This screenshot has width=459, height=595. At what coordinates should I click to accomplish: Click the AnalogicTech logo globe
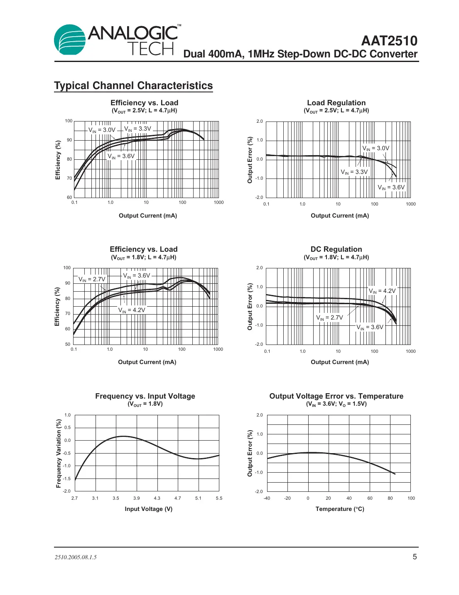[70, 40]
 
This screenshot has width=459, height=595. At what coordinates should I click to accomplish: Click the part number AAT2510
[389, 41]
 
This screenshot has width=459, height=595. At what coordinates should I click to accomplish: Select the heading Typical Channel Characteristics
[133, 86]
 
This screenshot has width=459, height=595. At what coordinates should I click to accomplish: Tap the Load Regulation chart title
[336, 103]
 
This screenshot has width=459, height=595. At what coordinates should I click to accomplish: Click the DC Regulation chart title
[336, 249]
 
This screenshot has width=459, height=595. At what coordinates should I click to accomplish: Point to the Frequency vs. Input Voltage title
[145, 396]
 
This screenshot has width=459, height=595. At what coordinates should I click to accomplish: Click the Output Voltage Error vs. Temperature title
[336, 396]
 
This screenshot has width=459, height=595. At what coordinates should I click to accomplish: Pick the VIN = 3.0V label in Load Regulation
[376, 148]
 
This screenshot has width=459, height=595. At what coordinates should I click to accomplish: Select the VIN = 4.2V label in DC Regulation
[382, 291]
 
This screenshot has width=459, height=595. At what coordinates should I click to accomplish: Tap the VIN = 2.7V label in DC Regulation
[329, 317]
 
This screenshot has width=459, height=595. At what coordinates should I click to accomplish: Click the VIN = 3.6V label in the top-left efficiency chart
[121, 156]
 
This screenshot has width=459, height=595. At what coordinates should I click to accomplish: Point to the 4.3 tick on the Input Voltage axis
[157, 498]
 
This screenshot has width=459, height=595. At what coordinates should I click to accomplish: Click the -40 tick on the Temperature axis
[267, 498]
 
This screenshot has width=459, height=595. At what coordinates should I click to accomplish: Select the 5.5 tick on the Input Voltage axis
[219, 498]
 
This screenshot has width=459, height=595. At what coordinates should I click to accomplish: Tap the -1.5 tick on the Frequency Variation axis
[67, 478]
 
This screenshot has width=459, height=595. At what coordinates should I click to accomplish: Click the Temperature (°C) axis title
[340, 509]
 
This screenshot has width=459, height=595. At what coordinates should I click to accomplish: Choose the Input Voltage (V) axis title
[148, 509]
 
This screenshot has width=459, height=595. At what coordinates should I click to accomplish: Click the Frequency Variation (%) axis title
[59, 453]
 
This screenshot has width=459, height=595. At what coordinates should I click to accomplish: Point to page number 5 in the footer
[415, 557]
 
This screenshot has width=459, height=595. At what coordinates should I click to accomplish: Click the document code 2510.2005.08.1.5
[76, 557]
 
